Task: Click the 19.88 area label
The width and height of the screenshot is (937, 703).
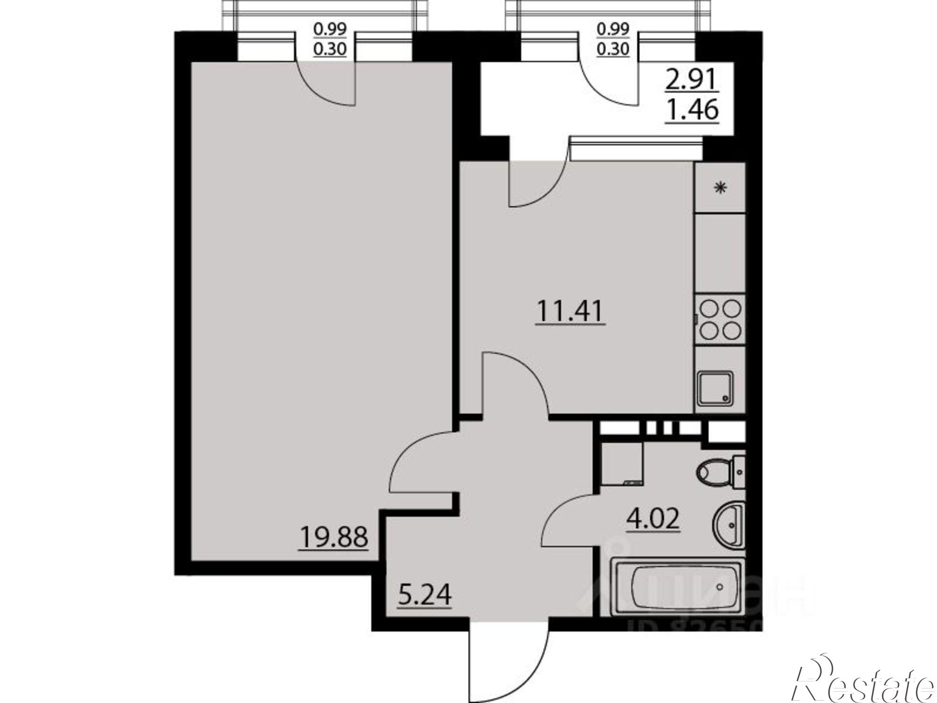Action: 333,537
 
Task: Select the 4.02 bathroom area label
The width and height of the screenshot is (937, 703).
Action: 653,519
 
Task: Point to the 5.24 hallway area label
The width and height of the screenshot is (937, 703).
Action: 424,595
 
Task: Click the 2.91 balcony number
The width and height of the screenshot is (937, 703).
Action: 692,81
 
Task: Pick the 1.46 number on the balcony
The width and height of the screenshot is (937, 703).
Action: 692,110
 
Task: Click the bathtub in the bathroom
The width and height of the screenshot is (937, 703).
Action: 679,587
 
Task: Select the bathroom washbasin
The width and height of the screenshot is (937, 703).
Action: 729,525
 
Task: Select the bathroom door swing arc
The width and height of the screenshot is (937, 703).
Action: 567,520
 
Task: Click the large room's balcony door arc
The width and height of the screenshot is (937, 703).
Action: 328,84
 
